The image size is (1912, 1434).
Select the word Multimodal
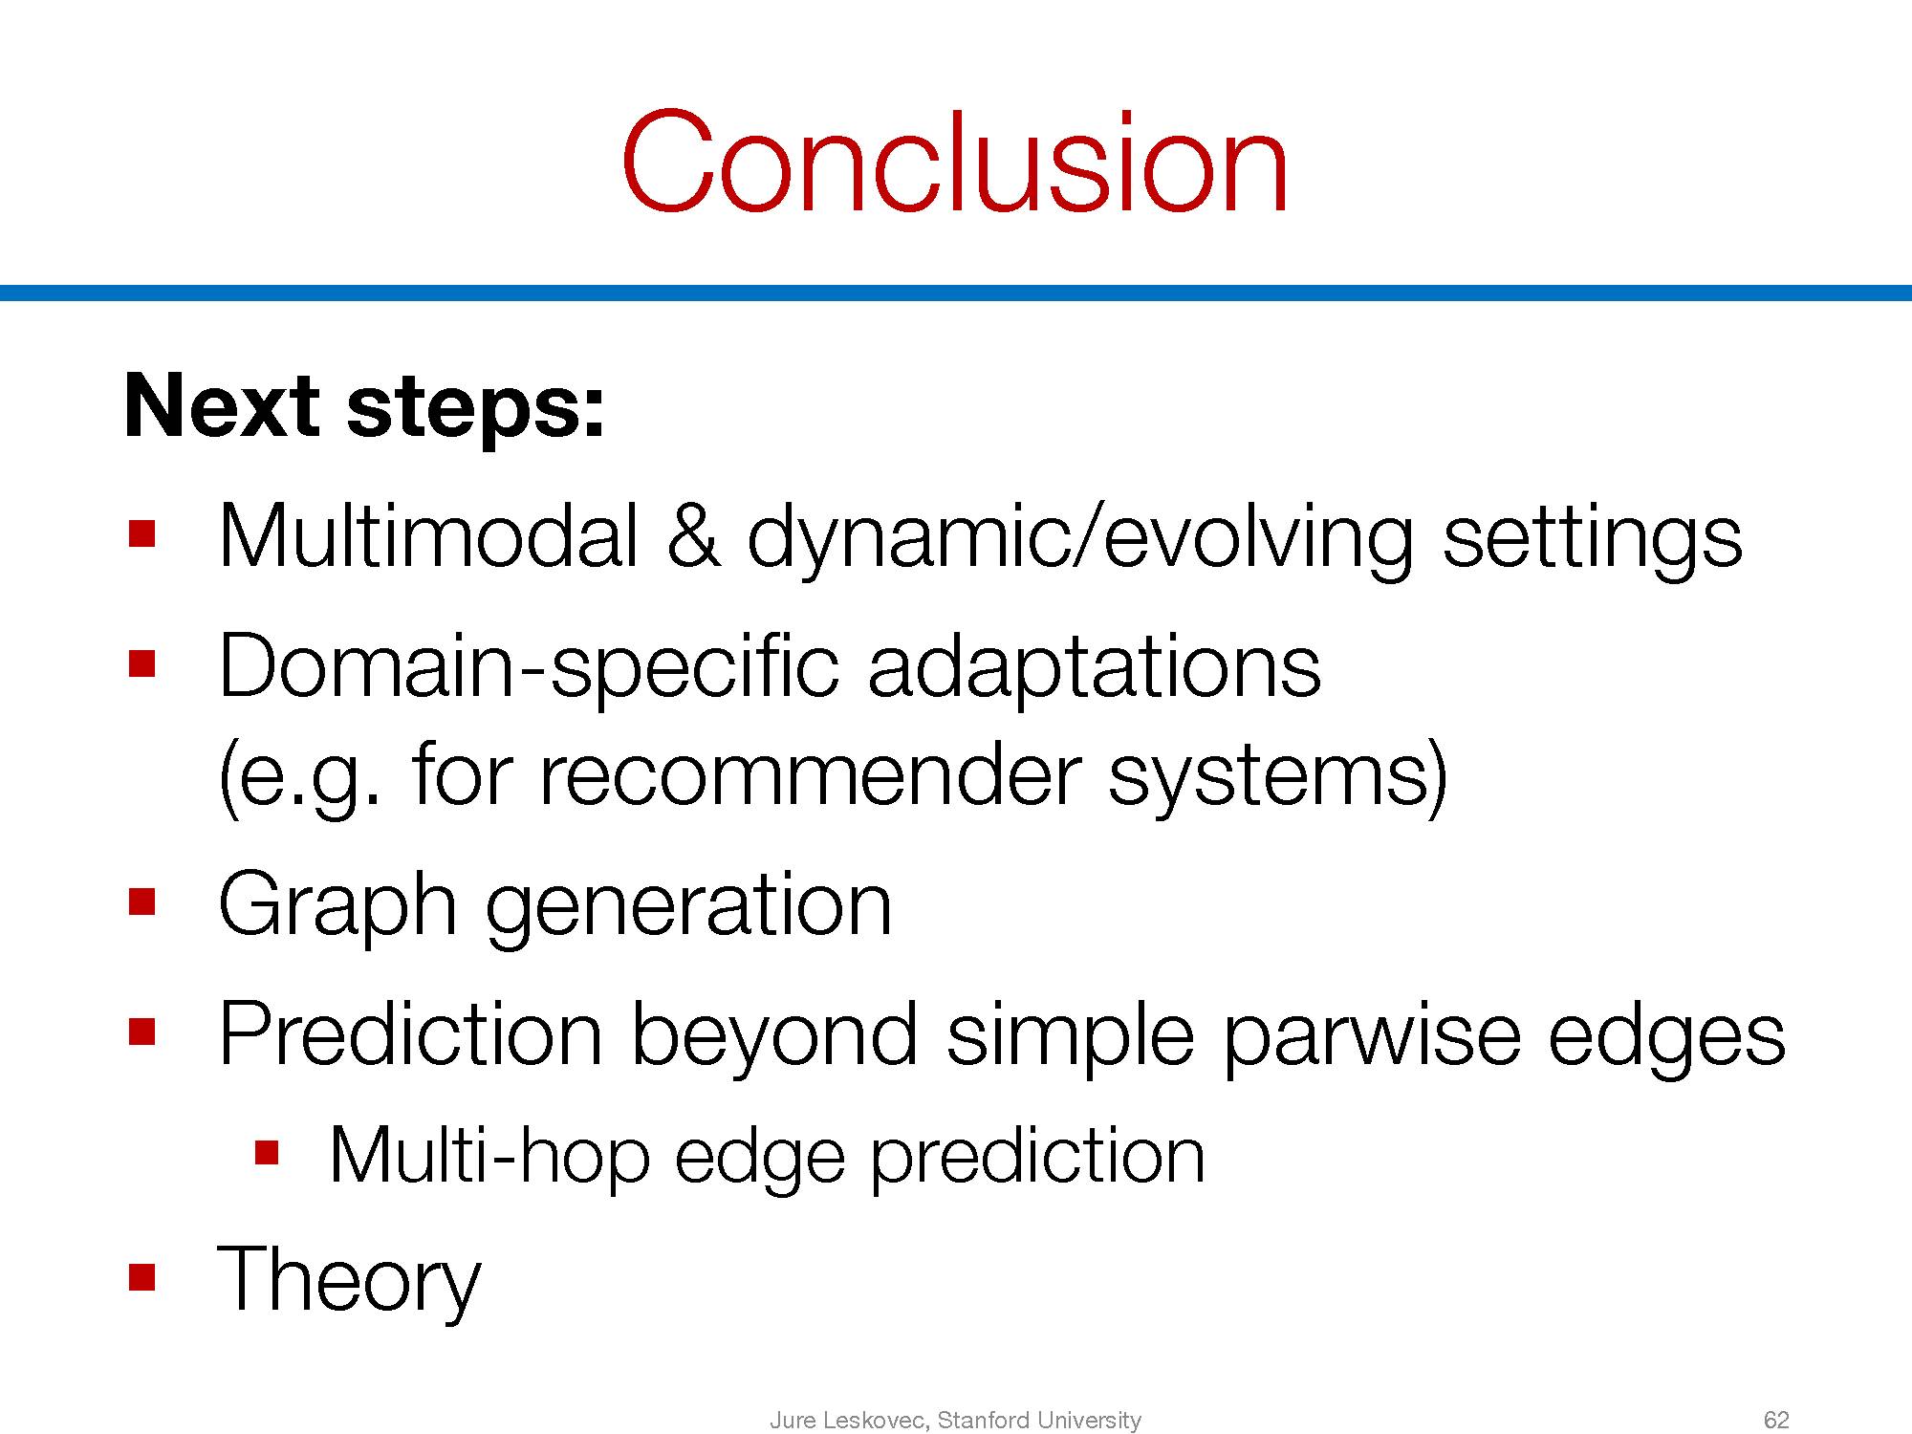pyautogui.click(x=428, y=536)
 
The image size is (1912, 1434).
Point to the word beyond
pyautogui.click(x=774, y=1038)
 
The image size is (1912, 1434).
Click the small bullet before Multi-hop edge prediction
pyautogui.click(x=266, y=1152)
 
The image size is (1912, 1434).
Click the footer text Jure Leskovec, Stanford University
pyautogui.click(x=955, y=1421)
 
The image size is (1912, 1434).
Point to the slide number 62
pyautogui.click(x=1776, y=1421)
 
